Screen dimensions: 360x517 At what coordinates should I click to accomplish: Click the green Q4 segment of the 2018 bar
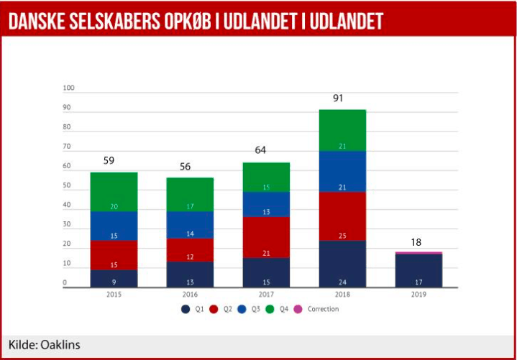pos(342,130)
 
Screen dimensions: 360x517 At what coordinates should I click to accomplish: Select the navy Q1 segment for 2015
pos(114,278)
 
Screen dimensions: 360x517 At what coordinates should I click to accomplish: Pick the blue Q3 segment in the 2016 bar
pos(190,225)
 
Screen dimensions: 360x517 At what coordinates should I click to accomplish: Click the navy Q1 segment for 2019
pos(418,270)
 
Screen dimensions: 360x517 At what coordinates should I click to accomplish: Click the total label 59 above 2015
pos(109,161)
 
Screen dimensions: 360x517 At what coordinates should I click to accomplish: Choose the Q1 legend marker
pos(186,309)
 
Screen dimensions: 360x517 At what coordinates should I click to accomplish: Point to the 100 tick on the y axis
pos(69,88)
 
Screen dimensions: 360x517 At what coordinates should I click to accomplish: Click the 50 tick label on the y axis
pos(67,186)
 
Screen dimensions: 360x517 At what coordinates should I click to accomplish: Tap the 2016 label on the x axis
pos(190,295)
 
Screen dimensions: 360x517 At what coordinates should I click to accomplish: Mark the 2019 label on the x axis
pos(418,295)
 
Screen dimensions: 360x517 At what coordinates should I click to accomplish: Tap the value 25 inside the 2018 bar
pos(342,236)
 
